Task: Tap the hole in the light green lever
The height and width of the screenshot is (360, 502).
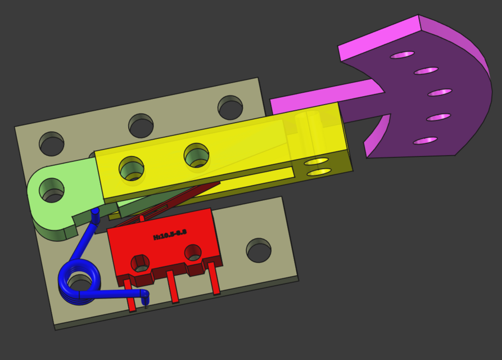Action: [x=51, y=190]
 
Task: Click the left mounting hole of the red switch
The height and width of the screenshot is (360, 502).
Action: [x=140, y=263]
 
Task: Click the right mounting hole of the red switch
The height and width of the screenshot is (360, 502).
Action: [x=193, y=253]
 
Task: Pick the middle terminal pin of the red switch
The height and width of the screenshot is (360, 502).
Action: [x=173, y=287]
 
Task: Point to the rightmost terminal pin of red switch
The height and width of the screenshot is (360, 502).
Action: [x=214, y=279]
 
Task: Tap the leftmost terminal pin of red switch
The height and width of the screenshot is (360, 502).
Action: [x=130, y=296]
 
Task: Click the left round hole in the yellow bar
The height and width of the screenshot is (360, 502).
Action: [x=132, y=168]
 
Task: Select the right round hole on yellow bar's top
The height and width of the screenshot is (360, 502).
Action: [x=196, y=155]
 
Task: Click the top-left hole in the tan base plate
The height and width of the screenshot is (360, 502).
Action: [x=52, y=144]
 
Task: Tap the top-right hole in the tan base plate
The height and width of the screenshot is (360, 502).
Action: [x=230, y=107]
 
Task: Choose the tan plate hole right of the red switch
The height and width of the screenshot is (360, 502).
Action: [x=259, y=250]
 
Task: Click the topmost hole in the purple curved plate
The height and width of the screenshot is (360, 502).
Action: [x=402, y=55]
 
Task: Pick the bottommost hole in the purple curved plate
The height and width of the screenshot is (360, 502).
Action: [x=425, y=141]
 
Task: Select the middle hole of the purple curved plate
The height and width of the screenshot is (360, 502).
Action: [x=440, y=92]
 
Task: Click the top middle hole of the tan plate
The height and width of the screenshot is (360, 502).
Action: [x=141, y=125]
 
